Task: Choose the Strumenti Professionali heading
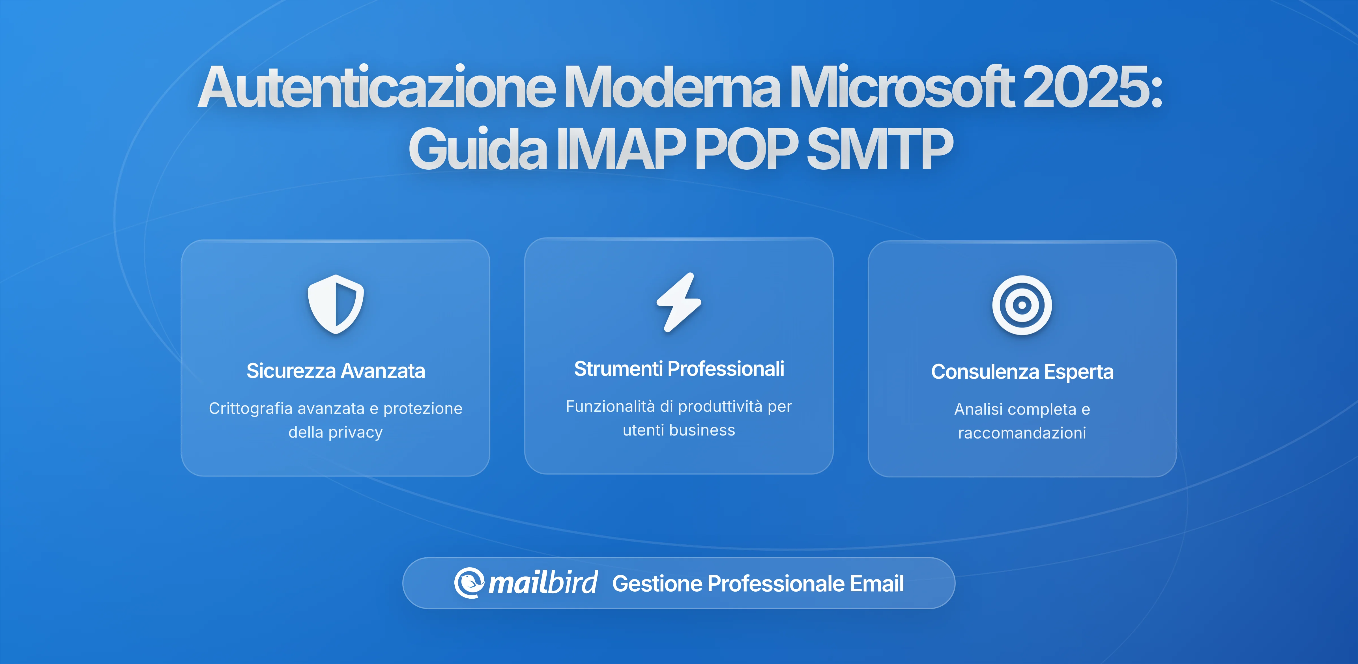[x=679, y=369]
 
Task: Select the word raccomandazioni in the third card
[x=1022, y=433]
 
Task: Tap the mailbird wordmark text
[x=543, y=583]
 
